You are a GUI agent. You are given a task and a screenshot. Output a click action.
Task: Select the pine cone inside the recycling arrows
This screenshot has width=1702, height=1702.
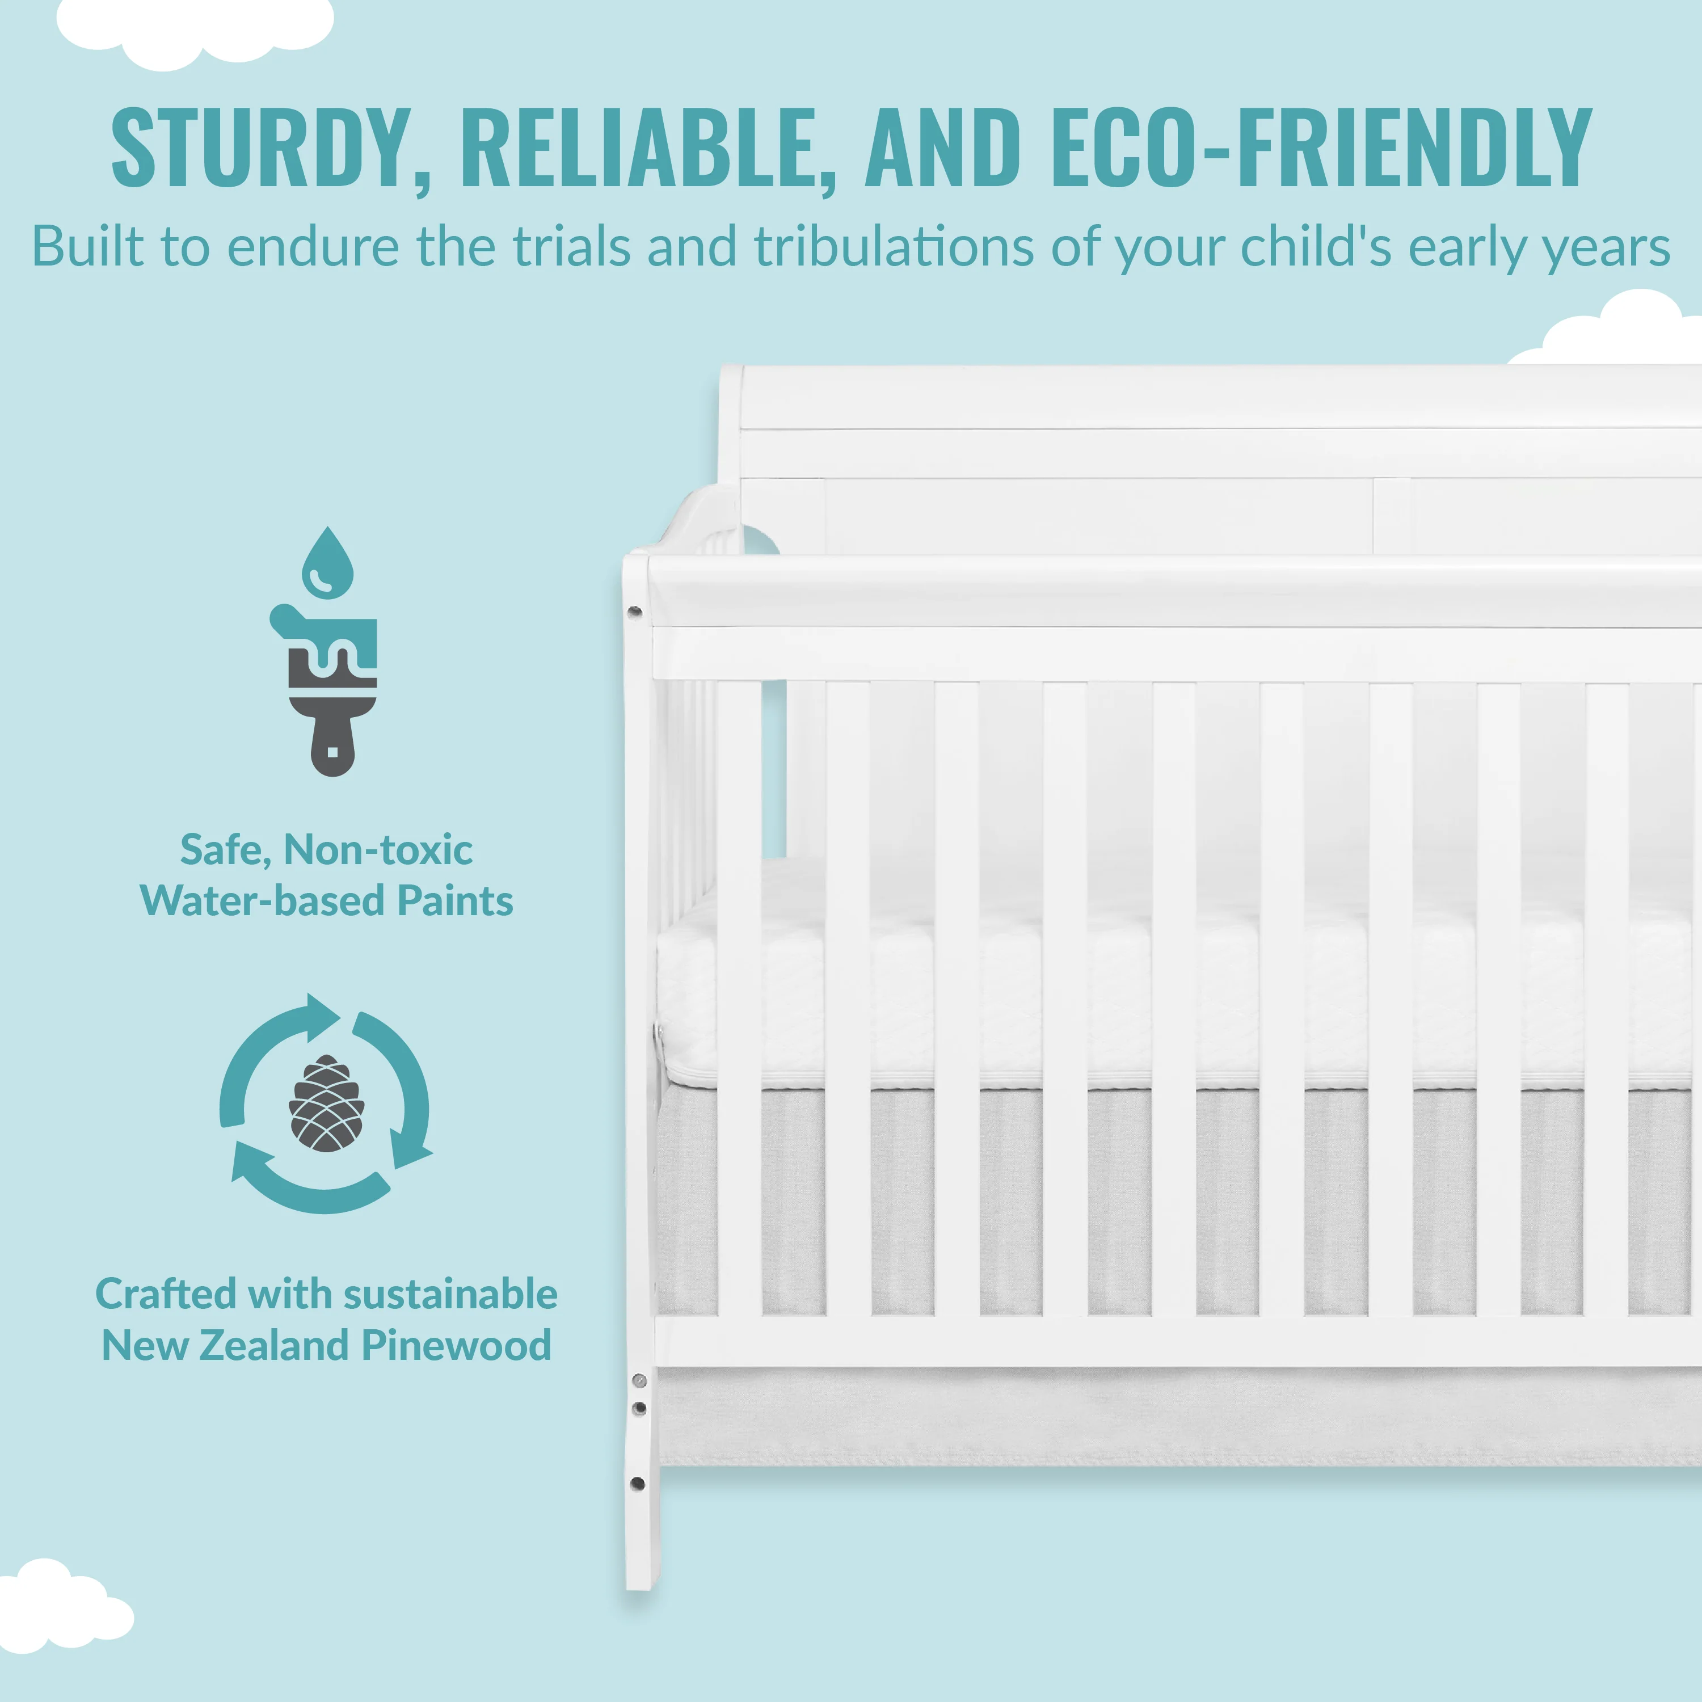(327, 1103)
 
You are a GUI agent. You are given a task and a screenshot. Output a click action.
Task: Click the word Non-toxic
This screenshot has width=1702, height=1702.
(378, 850)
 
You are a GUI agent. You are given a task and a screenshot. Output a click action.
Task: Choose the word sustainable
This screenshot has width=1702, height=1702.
(450, 1294)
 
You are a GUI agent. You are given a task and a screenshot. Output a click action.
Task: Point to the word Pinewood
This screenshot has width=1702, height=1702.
(456, 1345)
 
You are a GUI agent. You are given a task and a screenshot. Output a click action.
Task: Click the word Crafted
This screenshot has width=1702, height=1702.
(166, 1294)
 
